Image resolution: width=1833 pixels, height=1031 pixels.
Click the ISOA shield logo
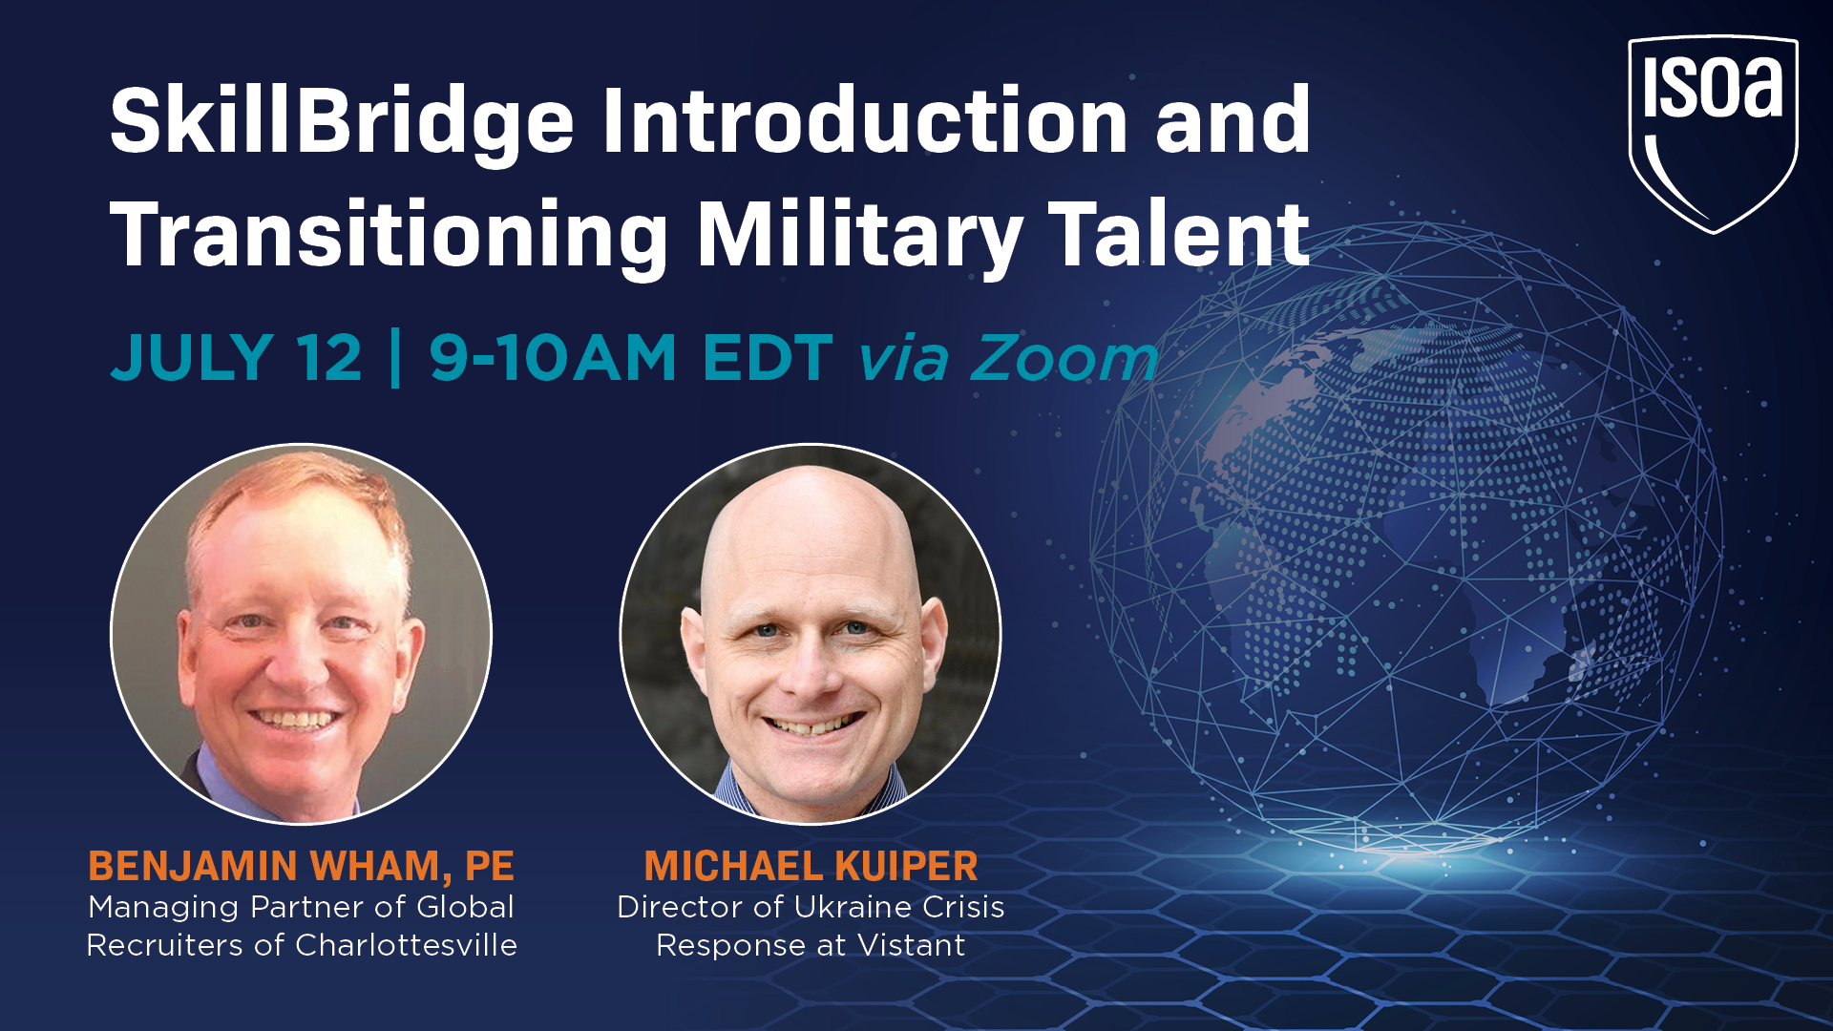click(1713, 134)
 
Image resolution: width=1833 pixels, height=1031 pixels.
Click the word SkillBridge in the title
click(342, 122)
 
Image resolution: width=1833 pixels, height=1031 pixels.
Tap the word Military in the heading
click(860, 237)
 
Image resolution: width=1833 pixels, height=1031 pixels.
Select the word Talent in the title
click(1178, 233)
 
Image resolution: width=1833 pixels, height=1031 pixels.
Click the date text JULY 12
click(237, 358)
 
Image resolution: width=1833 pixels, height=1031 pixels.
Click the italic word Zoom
click(1064, 358)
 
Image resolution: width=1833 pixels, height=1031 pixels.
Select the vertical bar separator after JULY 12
click(395, 358)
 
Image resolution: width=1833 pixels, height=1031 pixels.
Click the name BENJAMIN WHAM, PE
click(302, 866)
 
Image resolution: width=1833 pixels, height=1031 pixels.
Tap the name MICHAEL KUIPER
click(811, 866)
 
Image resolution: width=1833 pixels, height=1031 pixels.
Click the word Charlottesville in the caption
click(406, 945)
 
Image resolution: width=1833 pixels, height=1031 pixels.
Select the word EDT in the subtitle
click(768, 358)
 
